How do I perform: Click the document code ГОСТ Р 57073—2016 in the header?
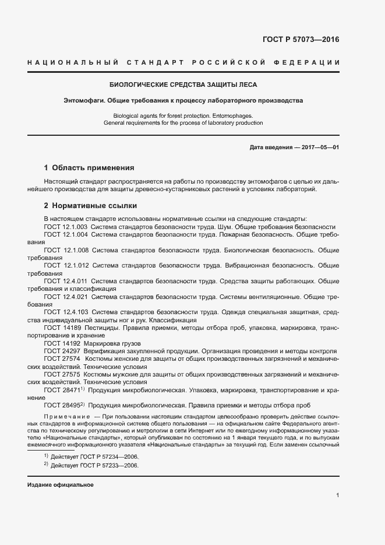click(x=302, y=40)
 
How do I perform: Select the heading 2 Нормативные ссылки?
click(x=90, y=206)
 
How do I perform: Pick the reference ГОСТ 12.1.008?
click(x=66, y=249)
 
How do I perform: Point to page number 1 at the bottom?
click(x=337, y=495)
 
